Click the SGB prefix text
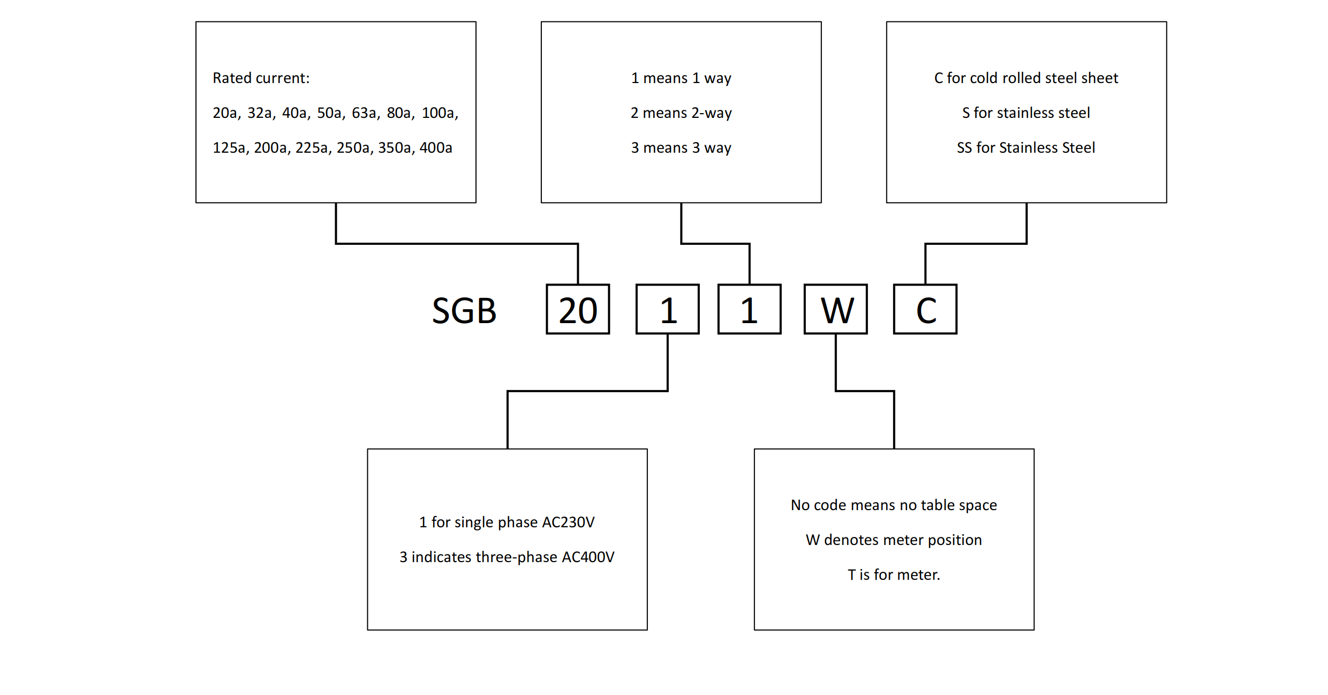click(464, 311)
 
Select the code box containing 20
click(578, 310)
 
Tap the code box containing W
click(836, 310)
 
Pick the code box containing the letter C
click(925, 310)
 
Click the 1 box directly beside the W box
click(749, 310)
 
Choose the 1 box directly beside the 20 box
click(667, 310)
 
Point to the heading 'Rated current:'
click(261, 78)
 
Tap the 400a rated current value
click(436, 148)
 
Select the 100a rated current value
click(440, 113)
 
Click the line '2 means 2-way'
click(681, 113)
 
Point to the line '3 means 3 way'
click(681, 148)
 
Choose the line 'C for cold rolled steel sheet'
click(1026, 78)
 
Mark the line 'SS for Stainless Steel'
click(1026, 148)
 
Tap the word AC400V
click(588, 557)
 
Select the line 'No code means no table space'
click(894, 505)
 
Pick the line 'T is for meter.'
click(894, 575)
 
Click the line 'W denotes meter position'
click(894, 540)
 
